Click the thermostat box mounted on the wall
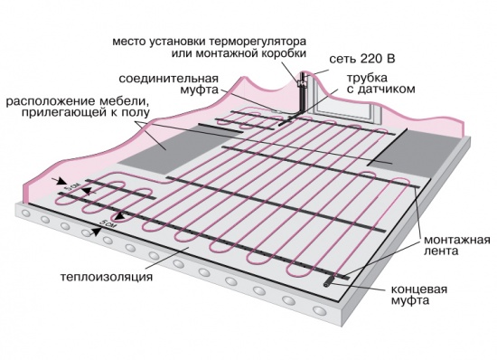[305, 87]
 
